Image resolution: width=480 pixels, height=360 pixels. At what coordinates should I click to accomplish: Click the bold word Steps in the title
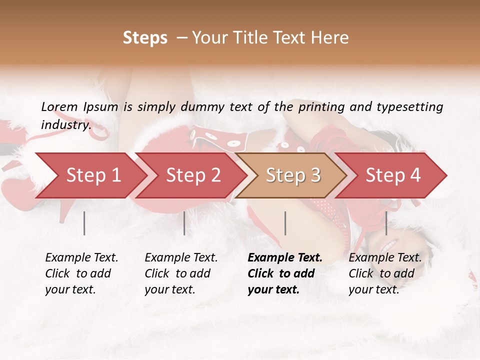145,38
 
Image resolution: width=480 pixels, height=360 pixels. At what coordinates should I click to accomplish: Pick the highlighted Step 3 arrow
293,175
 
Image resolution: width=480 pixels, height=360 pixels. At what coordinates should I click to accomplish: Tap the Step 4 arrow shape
393,175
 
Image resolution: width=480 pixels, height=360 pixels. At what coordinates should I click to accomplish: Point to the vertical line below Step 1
84,223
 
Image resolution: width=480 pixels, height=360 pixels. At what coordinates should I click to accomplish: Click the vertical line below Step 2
184,223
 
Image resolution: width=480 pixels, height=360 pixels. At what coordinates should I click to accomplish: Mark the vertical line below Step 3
285,223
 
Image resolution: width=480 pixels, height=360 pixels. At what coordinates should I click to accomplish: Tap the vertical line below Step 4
386,223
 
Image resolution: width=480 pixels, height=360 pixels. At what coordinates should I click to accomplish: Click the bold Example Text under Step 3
285,258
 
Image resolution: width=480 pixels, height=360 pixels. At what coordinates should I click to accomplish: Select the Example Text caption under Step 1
81,258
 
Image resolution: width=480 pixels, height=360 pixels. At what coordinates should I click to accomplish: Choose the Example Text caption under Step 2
181,258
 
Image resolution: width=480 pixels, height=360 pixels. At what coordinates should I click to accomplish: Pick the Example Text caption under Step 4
385,258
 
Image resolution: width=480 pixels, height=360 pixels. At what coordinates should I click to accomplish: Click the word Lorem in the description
59,107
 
